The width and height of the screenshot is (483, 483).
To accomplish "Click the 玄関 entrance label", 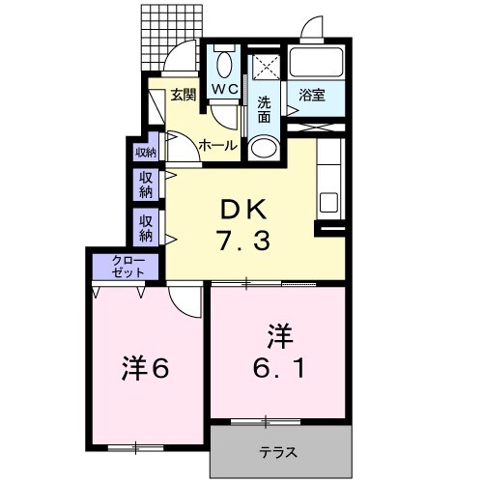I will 184,95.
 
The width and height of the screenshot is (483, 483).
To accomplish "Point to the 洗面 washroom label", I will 264,109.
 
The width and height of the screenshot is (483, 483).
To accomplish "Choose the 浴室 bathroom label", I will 311,95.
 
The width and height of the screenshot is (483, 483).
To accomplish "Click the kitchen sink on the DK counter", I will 328,203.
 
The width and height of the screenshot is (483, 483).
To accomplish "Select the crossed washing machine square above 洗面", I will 264,68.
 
